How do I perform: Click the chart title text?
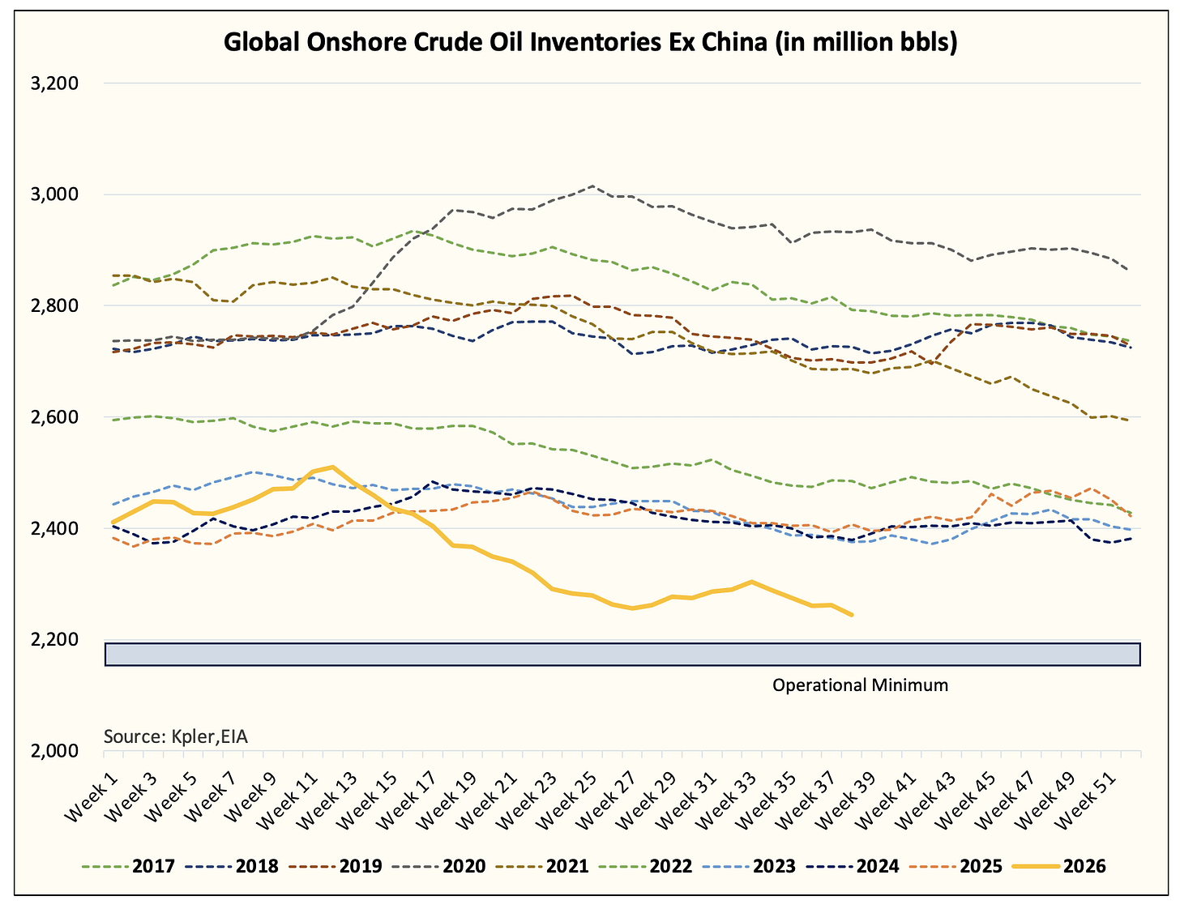point(590,42)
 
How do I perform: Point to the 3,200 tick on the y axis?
point(54,83)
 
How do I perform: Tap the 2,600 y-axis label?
point(54,417)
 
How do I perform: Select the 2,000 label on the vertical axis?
point(54,751)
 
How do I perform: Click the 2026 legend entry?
point(1060,866)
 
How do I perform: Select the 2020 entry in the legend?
point(438,866)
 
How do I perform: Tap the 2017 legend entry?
point(129,866)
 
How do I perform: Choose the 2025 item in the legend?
point(956,866)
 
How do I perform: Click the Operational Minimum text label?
point(860,685)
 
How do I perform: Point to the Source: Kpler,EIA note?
point(176,737)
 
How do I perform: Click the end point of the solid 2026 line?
point(852,615)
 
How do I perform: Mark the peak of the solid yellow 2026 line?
point(331,467)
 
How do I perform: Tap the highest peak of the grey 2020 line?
point(592,186)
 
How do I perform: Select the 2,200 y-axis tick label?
point(54,640)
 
